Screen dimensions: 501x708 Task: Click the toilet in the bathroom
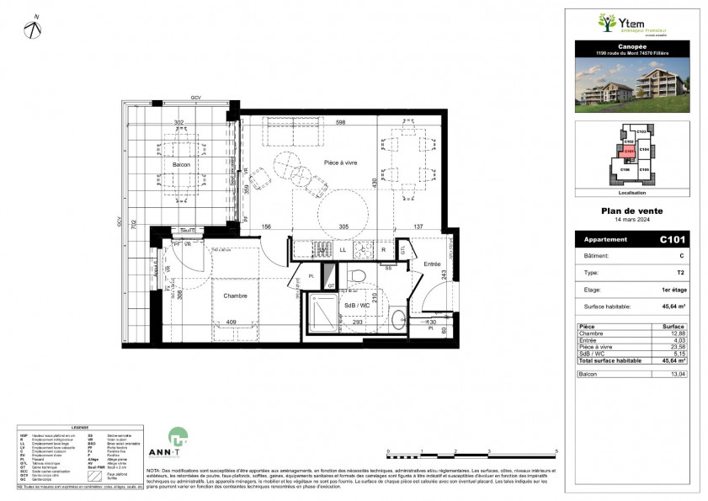click(x=356, y=275)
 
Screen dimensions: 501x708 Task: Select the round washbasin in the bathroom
click(x=397, y=318)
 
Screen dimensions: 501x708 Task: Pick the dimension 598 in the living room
click(x=340, y=124)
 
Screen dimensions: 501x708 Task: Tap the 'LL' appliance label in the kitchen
click(x=343, y=250)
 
